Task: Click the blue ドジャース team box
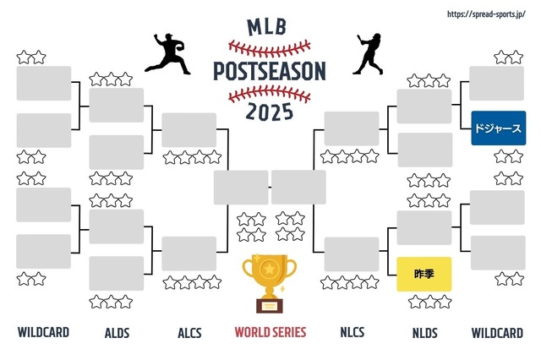[499, 128]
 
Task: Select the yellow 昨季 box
[424, 274]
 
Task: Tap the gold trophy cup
[270, 283]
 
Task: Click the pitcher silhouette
[167, 53]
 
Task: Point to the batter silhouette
[369, 54]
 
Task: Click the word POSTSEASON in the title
[270, 71]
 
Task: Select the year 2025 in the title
[270, 112]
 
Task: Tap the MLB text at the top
[267, 27]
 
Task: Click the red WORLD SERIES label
[270, 332]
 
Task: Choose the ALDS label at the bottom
[117, 333]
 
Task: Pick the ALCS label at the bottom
[189, 333]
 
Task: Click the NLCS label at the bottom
[352, 332]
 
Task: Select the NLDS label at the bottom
[424, 333]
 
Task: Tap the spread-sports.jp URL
[486, 14]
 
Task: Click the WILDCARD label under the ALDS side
[43, 332]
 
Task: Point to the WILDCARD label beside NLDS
[497, 333]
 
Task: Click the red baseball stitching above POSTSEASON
[270, 49]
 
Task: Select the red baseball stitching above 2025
[270, 94]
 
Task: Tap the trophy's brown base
[270, 306]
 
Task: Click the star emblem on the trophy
[269, 268]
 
